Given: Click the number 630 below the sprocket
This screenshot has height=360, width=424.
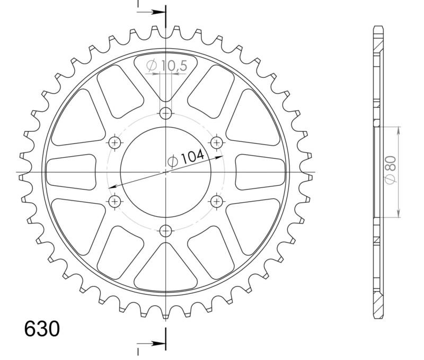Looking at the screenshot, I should point(42,329).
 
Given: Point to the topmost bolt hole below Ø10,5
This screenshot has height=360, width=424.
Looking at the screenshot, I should point(166,113).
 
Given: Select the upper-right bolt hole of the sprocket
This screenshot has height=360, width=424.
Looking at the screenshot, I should point(217,142).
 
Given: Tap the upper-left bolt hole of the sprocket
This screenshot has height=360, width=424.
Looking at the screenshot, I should point(115,142).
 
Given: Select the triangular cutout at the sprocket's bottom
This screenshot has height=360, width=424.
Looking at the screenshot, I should point(166,267).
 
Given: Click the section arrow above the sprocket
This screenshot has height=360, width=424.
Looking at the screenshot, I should point(157,12).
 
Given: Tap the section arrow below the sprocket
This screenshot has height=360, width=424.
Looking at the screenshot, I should point(157,344).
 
